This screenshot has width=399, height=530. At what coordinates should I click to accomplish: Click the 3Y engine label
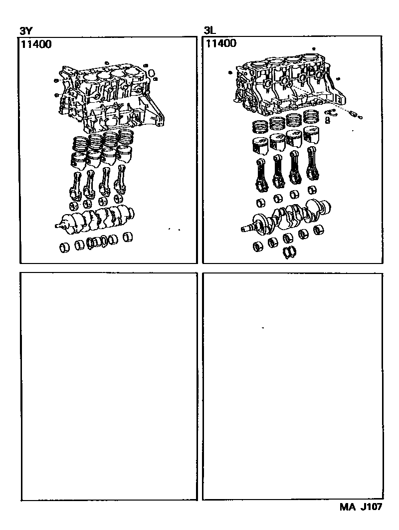coord(25,31)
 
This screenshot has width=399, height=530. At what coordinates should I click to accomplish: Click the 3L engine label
coord(209,31)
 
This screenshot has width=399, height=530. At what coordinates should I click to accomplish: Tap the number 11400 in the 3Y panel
coord(36,44)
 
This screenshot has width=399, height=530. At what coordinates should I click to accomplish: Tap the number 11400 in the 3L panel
coord(221,43)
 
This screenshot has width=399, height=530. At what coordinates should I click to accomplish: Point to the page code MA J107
coord(361,507)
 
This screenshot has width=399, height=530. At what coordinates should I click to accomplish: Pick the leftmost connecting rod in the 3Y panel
coord(75,186)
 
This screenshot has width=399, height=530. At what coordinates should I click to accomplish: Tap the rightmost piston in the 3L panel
coord(312,134)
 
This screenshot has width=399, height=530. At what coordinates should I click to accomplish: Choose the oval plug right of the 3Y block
coord(152,73)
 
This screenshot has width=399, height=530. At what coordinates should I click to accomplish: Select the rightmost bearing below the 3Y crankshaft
coord(128,237)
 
